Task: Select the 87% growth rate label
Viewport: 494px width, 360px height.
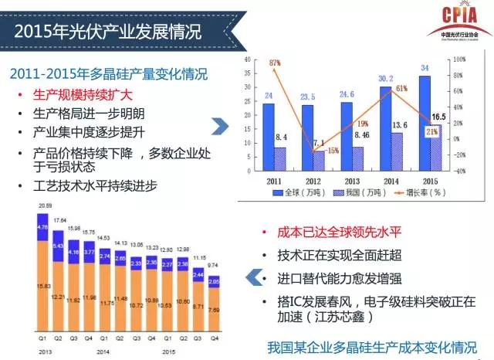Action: [275, 63]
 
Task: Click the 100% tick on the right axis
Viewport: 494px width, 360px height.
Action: [458, 59]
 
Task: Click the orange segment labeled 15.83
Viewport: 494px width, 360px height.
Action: [44, 287]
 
